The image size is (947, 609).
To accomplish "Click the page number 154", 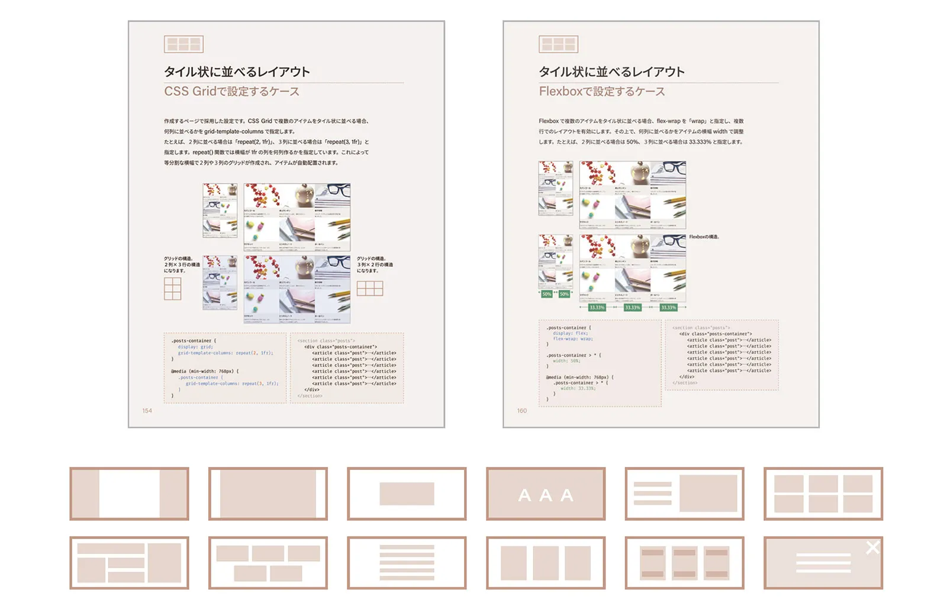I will (x=147, y=411).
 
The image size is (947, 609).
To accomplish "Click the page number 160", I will (x=522, y=411).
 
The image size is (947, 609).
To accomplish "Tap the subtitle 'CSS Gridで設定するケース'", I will (x=231, y=92).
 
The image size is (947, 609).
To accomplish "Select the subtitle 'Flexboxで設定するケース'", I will (x=601, y=92).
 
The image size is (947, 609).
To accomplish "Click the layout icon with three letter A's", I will (x=546, y=494).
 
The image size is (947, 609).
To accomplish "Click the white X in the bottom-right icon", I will (x=872, y=547).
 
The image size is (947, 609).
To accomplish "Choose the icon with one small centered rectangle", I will (x=407, y=494).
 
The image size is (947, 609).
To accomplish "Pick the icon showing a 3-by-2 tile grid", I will (x=823, y=494).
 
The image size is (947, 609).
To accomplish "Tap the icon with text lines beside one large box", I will (x=685, y=494).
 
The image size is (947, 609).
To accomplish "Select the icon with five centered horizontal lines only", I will (x=407, y=563).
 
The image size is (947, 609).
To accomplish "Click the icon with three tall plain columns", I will (x=546, y=563).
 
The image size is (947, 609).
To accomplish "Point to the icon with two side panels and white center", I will (x=129, y=494).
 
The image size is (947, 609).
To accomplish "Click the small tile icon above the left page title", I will (x=183, y=44).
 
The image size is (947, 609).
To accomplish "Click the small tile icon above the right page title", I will (x=558, y=44).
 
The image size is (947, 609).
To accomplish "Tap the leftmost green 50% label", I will (x=546, y=294).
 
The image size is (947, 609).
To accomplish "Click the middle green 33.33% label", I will (x=633, y=308).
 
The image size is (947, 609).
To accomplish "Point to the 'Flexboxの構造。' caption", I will (x=704, y=237).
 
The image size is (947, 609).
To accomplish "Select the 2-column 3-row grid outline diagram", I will (x=172, y=289).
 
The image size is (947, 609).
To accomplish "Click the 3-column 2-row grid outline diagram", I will (x=370, y=288).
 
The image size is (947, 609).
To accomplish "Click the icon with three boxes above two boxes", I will (x=268, y=563).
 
